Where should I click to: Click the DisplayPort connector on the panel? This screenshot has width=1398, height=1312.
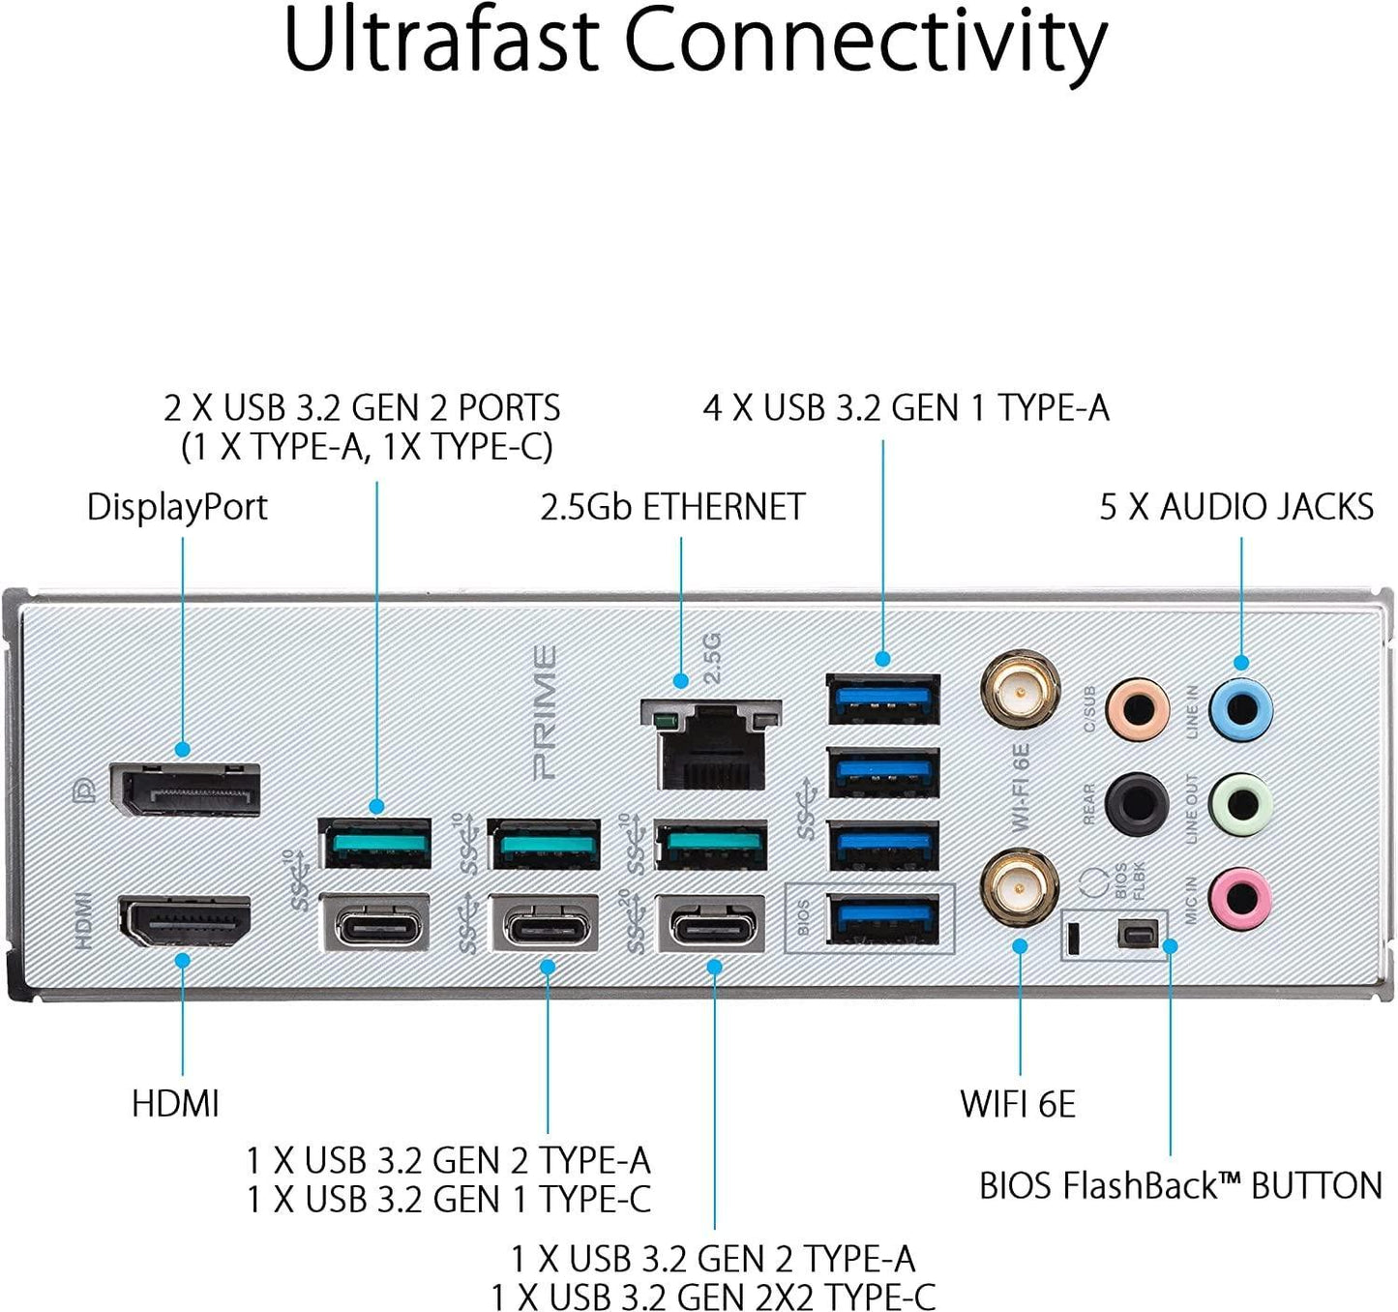(185, 789)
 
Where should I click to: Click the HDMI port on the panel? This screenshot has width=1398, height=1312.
(185, 922)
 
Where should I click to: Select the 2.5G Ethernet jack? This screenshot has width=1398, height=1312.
(711, 745)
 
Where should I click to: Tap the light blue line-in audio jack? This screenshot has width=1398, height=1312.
(1241, 709)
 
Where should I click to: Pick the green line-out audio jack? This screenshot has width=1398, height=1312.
(1241, 803)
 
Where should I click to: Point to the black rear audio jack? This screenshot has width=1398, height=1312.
(1137, 803)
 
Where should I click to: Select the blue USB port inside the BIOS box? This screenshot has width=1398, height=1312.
(883, 920)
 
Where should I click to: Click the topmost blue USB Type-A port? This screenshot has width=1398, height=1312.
(883, 699)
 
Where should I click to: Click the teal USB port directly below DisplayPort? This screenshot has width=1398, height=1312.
(374, 844)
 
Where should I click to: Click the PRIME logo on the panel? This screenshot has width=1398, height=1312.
(545, 713)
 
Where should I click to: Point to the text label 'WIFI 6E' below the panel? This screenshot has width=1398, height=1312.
(1018, 1104)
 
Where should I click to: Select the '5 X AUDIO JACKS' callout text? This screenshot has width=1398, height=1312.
(1236, 507)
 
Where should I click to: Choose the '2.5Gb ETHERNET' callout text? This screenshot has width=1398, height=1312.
(672, 507)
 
